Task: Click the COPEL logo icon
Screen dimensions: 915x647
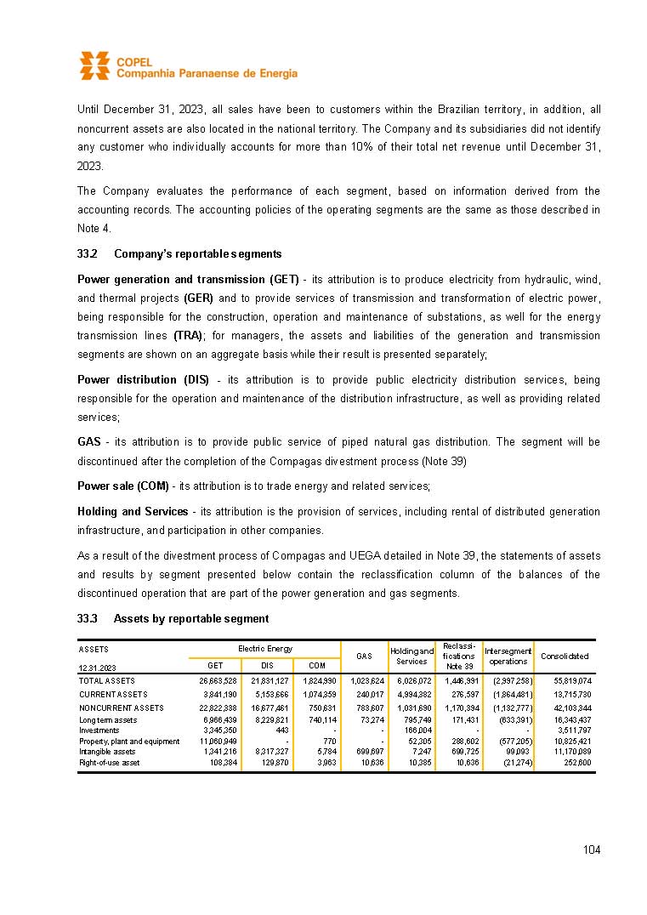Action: (x=94, y=65)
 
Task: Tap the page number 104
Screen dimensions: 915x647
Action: (x=592, y=850)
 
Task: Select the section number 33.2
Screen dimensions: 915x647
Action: (x=88, y=254)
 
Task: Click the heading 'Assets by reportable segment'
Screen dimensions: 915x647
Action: (x=190, y=618)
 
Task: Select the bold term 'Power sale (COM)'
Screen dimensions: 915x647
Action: (x=122, y=486)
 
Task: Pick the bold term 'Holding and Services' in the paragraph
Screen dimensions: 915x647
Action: (x=133, y=512)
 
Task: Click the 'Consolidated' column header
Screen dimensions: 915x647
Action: (x=565, y=656)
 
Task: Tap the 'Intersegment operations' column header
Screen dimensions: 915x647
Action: (x=508, y=656)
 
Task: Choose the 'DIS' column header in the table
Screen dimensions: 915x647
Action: (x=267, y=666)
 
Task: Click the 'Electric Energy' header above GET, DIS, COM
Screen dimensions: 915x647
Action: (x=265, y=649)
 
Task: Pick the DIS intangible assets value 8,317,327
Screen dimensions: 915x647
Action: (x=268, y=752)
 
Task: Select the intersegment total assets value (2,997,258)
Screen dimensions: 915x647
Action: (x=512, y=681)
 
